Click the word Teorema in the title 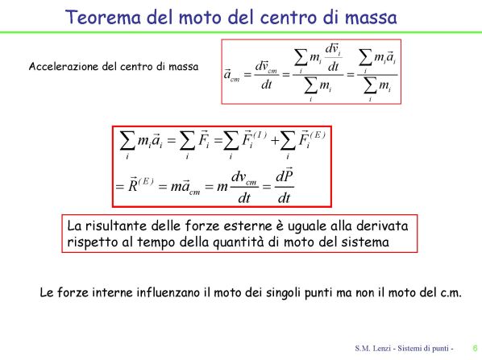click(103, 17)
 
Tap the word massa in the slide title click(371, 18)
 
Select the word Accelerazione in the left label click(64, 66)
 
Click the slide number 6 click(476, 348)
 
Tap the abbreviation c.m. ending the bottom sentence click(451, 292)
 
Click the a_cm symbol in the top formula click(231, 75)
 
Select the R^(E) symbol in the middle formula click(141, 184)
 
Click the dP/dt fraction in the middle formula click(285, 186)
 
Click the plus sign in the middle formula click(275, 141)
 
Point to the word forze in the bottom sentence click(73, 292)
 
